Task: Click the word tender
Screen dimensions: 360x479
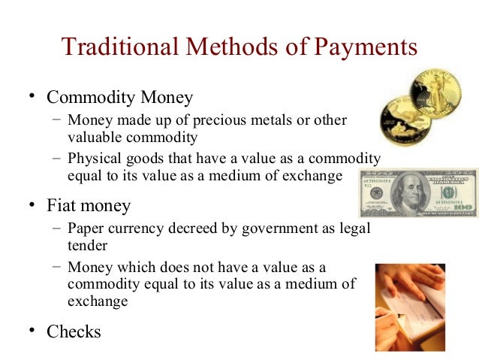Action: (x=86, y=245)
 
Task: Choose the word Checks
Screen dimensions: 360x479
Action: (x=74, y=331)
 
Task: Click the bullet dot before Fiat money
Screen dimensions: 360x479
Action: (x=32, y=204)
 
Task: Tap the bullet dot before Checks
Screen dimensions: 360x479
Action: (x=32, y=331)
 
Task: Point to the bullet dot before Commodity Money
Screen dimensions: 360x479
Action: (x=32, y=97)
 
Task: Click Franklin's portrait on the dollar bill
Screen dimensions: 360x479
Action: (x=412, y=194)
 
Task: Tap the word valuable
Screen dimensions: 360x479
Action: (x=93, y=138)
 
